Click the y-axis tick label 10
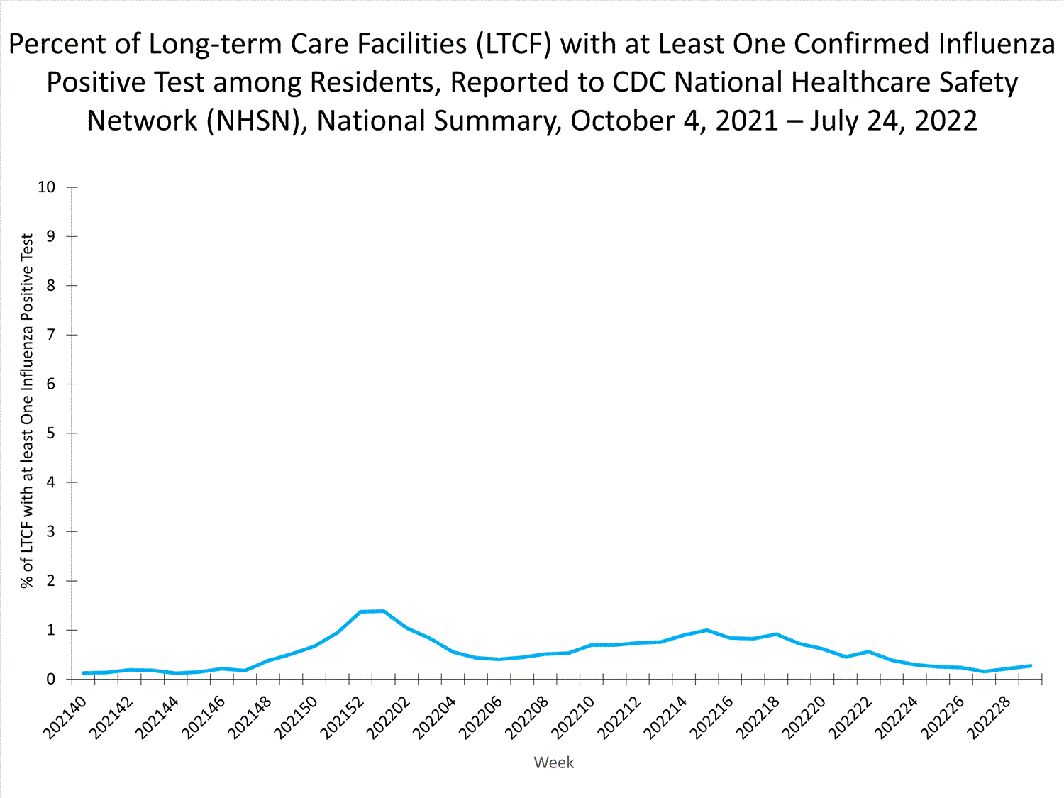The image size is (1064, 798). tap(46, 187)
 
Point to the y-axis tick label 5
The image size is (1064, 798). tap(50, 433)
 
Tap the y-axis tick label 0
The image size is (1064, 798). tap(50, 680)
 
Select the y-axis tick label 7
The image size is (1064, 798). tap(50, 335)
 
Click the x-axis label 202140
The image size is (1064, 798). tap(65, 717)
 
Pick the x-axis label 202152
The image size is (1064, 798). tap(343, 717)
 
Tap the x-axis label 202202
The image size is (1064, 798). tap(389, 717)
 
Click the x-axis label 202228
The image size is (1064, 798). tap(990, 717)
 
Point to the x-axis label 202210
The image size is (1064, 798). tap(574, 717)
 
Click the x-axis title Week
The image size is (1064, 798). tap(553, 763)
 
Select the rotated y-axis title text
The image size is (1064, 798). tap(27, 411)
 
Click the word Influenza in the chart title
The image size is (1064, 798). tap(997, 44)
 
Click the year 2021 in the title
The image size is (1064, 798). tap(747, 121)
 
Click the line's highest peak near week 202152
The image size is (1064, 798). tap(383, 611)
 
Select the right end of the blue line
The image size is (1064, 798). tap(1030, 665)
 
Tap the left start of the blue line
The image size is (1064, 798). tap(84, 672)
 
